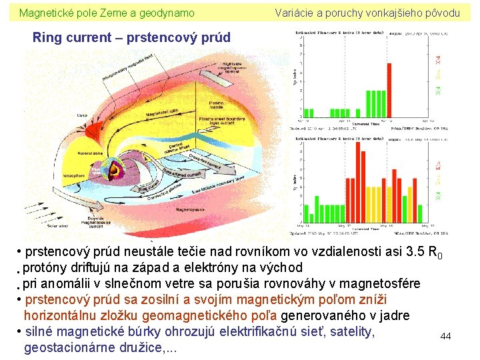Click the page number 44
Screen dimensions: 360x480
445,337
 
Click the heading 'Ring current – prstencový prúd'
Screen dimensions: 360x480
131,38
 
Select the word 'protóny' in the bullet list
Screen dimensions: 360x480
48,268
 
